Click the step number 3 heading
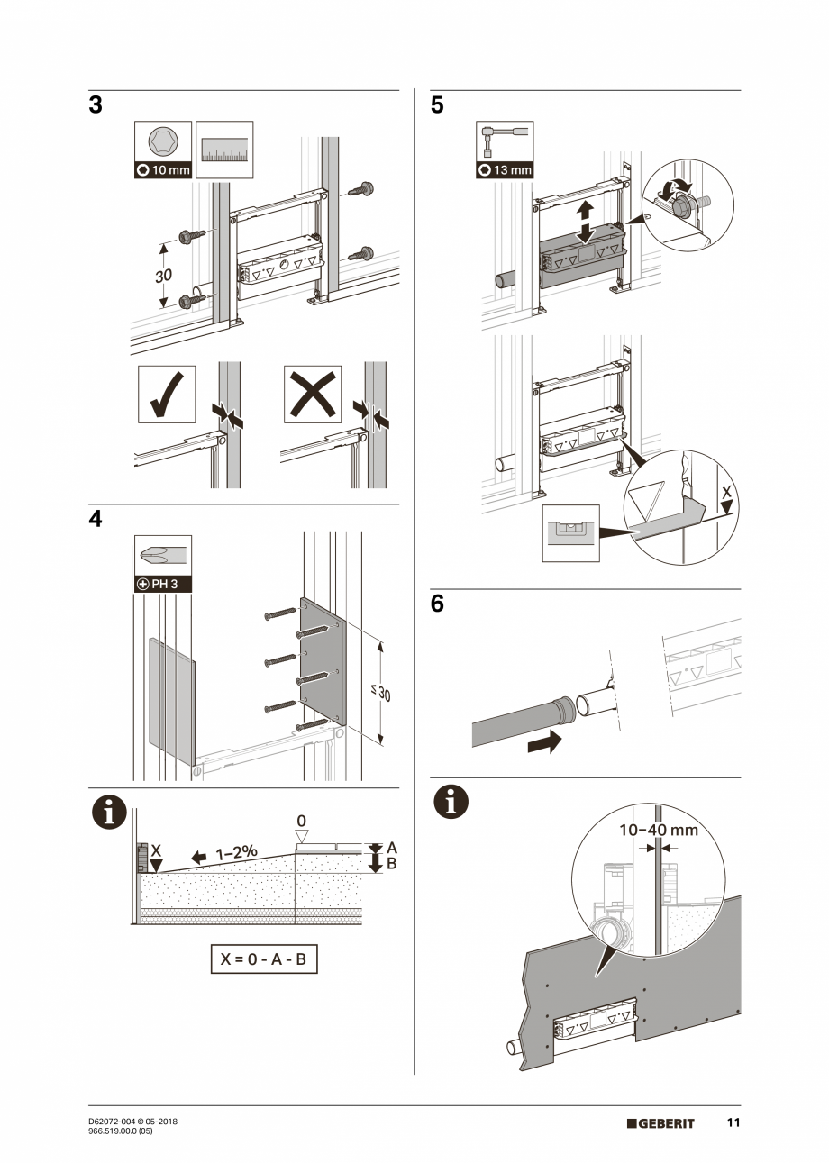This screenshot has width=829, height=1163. tap(96, 105)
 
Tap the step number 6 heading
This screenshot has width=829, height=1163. tap(437, 604)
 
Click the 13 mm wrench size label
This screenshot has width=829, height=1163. tap(505, 170)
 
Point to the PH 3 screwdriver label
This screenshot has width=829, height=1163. tap(163, 583)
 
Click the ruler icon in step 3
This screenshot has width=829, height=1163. tap(224, 150)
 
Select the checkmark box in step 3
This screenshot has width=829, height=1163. tap(167, 394)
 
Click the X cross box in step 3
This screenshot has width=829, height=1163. tap(312, 394)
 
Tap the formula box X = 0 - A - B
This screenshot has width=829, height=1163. tap(264, 959)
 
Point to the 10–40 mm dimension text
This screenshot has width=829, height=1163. tap(658, 830)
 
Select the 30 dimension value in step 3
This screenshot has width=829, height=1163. tap(163, 276)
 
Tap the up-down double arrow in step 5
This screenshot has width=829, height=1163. tap(585, 221)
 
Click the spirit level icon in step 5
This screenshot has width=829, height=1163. tap(570, 533)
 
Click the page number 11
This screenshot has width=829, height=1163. tap(733, 1123)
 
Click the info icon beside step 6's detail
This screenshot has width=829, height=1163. tap(451, 803)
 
